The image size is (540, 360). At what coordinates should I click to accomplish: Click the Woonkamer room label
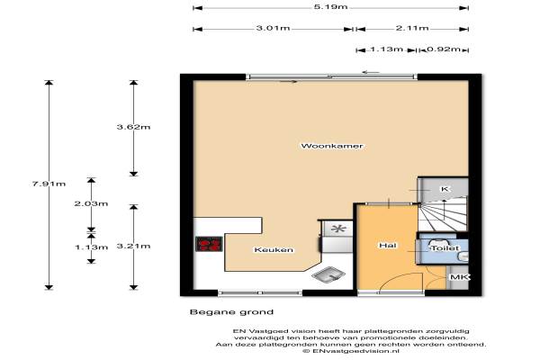[331, 146]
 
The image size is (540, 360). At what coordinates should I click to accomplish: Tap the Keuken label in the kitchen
[274, 250]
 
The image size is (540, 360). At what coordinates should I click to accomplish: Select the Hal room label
[387, 246]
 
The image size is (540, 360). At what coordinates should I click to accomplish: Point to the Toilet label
[445, 248]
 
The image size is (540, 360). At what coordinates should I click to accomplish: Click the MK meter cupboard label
[459, 277]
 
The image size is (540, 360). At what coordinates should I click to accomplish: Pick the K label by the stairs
[445, 189]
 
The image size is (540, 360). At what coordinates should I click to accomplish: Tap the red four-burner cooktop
[209, 244]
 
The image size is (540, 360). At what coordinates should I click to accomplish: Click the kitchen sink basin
[328, 274]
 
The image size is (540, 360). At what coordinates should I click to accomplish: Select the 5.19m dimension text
[330, 7]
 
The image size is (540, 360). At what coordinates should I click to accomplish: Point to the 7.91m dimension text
[49, 184]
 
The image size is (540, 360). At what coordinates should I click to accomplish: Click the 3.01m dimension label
[273, 28]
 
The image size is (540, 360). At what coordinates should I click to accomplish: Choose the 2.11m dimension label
[412, 28]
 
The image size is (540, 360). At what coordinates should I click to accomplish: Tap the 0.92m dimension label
[444, 49]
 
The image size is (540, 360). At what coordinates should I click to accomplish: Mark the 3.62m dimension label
[133, 127]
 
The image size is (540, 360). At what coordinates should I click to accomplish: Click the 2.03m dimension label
[91, 203]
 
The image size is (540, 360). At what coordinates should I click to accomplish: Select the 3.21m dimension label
[133, 246]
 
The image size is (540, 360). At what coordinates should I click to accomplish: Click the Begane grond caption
[231, 312]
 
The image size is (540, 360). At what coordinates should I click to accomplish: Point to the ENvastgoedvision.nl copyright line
[351, 351]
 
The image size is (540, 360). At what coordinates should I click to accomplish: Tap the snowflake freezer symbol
[337, 229]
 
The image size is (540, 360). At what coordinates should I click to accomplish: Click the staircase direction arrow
[444, 210]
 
